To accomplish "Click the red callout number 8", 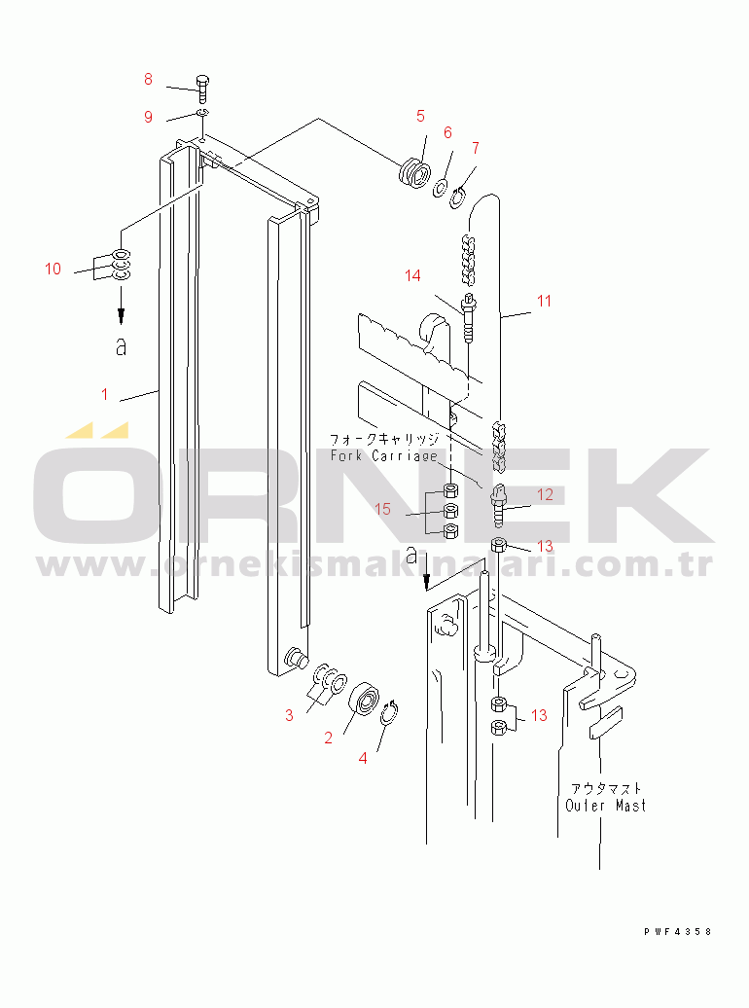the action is click(148, 79).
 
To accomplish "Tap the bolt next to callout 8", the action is click(202, 89).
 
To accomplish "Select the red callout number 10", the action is click(53, 269).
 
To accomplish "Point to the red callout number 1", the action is click(105, 394).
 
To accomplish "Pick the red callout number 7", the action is click(475, 149).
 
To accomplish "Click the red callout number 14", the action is click(412, 275).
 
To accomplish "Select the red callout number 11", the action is click(544, 301).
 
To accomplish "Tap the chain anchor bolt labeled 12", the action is click(499, 505).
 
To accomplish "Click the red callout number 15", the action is click(382, 509).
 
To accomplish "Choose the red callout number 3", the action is click(289, 715).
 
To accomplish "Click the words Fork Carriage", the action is click(384, 455).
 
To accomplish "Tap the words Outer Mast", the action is click(606, 806).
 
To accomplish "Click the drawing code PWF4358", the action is click(678, 931).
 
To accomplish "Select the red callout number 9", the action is click(149, 117).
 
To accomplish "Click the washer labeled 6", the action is click(441, 189).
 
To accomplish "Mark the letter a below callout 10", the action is click(121, 346).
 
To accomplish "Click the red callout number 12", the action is click(545, 494).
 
